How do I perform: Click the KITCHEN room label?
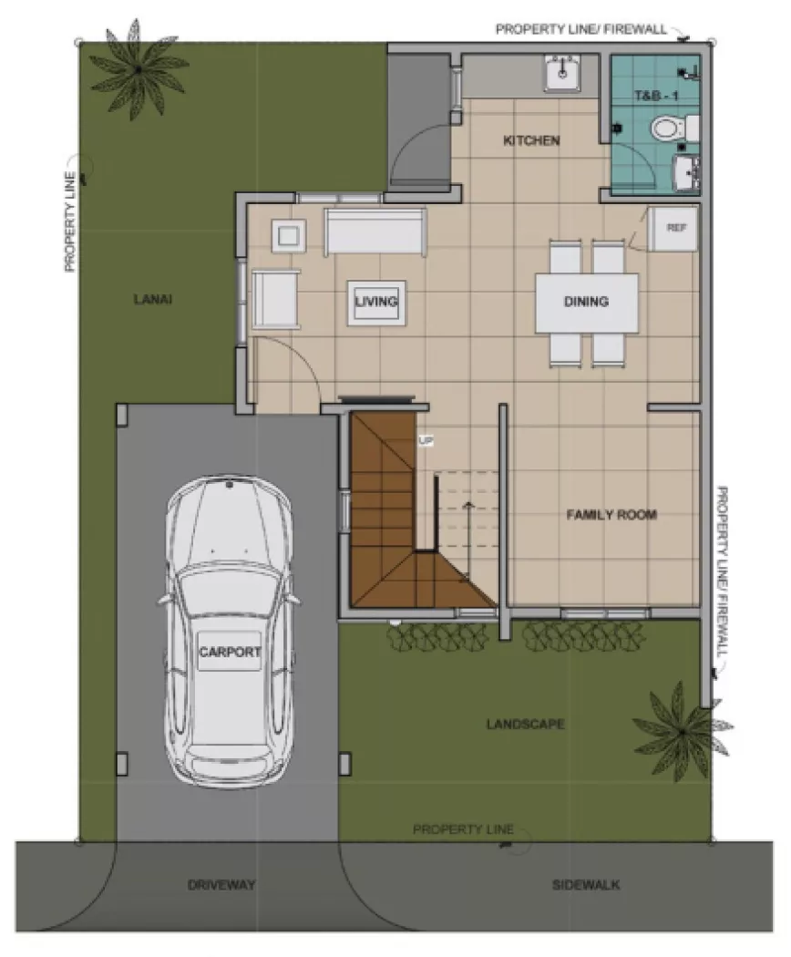(x=531, y=141)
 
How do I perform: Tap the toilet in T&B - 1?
(x=669, y=130)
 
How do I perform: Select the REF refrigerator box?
(x=674, y=228)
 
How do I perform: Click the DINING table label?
(x=586, y=303)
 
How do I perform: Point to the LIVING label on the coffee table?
(x=376, y=302)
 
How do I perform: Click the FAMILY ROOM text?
(x=611, y=515)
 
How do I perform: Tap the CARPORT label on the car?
(x=230, y=652)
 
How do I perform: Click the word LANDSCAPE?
(x=525, y=725)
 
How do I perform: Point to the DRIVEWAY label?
(x=221, y=885)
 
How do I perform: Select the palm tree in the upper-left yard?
(x=138, y=67)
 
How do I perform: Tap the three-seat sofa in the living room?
(x=375, y=232)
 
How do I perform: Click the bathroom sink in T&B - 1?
(x=684, y=173)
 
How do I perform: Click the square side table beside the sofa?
(x=290, y=236)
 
